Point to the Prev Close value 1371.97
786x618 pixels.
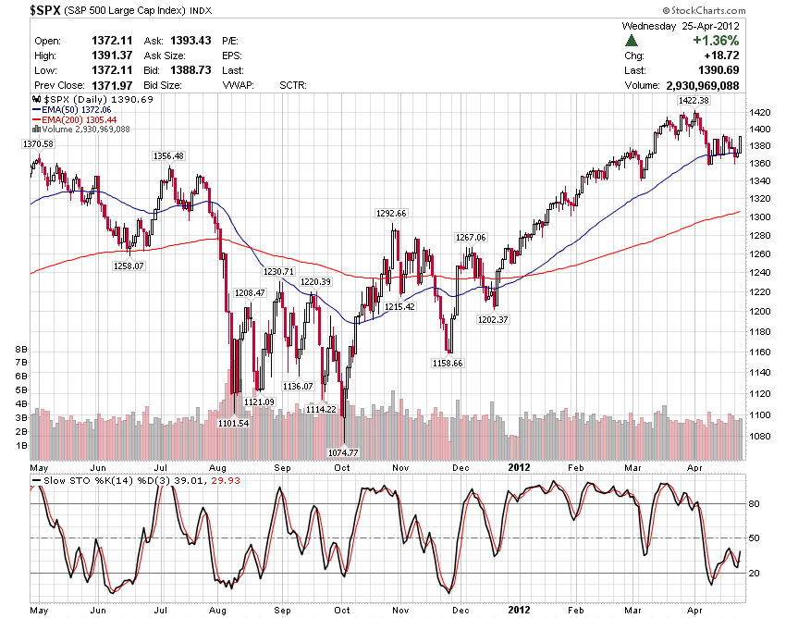tap(109, 85)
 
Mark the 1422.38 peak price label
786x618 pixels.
tap(693, 100)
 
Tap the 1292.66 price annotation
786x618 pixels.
tap(391, 213)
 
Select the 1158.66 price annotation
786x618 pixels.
tap(447, 363)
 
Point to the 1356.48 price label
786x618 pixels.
tap(168, 155)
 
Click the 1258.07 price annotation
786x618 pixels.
tap(128, 266)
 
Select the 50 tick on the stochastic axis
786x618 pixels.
tap(755, 538)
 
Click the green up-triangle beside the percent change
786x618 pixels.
tap(632, 41)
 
